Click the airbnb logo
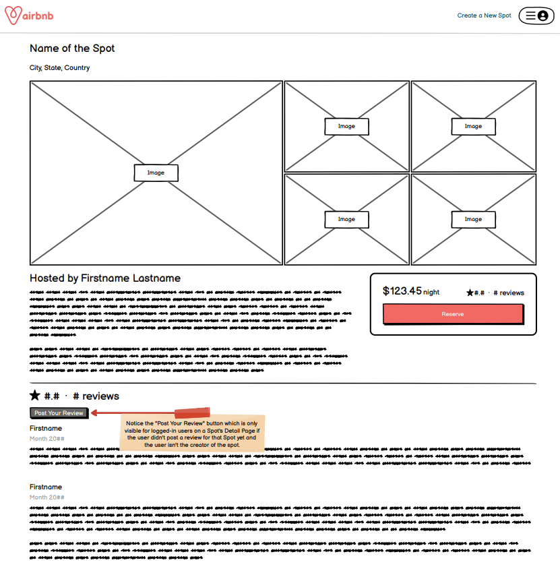click(x=30, y=16)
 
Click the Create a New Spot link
click(x=484, y=16)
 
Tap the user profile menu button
click(x=536, y=16)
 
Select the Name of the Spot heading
click(x=72, y=49)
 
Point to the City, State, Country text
click(x=59, y=68)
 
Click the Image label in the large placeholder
click(x=156, y=173)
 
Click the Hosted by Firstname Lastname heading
click(x=105, y=278)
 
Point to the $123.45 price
click(x=402, y=291)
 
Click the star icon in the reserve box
click(x=470, y=293)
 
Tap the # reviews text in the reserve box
click(x=509, y=293)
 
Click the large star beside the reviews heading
click(x=35, y=396)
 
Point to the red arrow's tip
click(x=92, y=413)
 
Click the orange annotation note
click(x=192, y=433)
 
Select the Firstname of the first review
click(x=46, y=429)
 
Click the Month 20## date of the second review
click(x=47, y=497)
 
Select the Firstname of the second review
click(x=46, y=487)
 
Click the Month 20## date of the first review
click(x=47, y=439)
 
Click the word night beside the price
click(x=431, y=293)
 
